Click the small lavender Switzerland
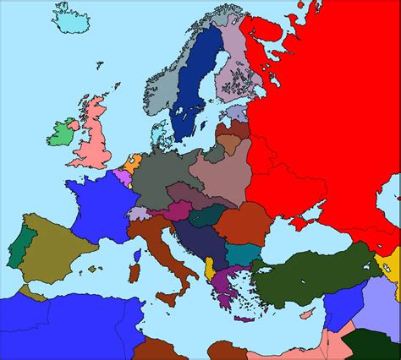tap(138, 213)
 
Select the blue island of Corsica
tap(137, 254)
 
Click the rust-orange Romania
tap(241, 222)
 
